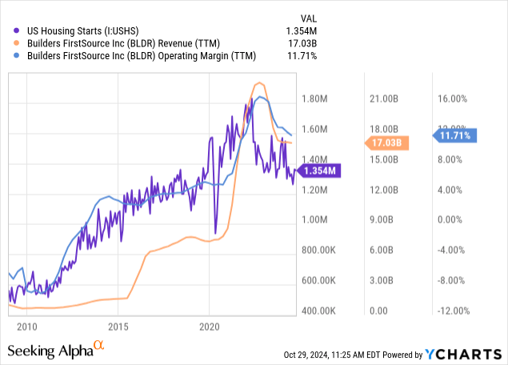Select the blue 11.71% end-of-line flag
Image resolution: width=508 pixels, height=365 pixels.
tap(457, 136)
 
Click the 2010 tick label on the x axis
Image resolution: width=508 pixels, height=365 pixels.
tap(27, 326)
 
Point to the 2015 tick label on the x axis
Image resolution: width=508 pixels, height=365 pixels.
tap(118, 326)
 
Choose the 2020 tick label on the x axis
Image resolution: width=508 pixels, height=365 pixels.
tap(208, 326)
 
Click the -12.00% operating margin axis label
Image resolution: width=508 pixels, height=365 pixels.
tap(452, 311)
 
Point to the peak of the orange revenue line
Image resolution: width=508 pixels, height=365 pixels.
tap(258, 82)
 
